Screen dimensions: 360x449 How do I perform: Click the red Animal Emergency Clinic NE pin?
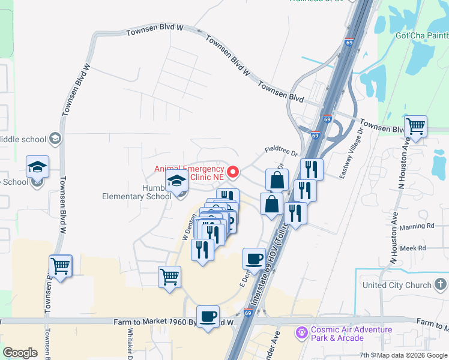point(232,172)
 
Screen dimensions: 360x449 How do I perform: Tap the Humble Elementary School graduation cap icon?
point(177,181)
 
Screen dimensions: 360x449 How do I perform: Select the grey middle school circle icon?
point(55,139)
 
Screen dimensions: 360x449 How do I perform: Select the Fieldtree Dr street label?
point(281,154)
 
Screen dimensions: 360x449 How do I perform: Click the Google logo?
point(20,353)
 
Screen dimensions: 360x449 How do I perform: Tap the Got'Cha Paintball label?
point(421,35)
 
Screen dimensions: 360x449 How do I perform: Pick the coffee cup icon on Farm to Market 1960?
point(208,316)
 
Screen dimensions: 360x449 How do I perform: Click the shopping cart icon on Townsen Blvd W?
point(61,265)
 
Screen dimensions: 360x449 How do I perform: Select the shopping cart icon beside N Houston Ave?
point(415,126)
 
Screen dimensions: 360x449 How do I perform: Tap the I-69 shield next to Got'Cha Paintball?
point(350,43)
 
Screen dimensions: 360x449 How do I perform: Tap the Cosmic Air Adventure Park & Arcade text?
point(351,334)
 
